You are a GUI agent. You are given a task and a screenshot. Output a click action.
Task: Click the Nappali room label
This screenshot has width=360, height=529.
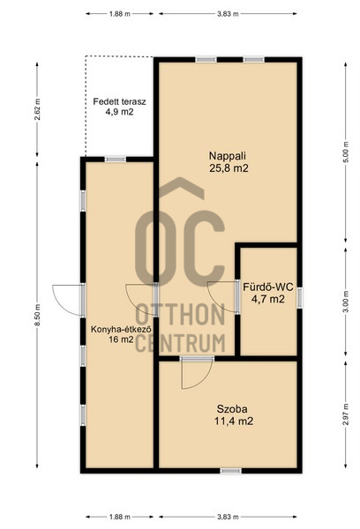point(228,156)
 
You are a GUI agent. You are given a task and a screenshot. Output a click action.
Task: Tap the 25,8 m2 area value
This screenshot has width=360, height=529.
point(229,168)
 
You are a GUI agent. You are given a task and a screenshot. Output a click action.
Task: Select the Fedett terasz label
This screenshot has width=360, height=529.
point(119,101)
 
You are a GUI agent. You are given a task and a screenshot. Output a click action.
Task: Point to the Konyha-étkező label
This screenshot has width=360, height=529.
point(121,329)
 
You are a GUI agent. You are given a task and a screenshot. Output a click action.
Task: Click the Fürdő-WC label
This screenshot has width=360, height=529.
point(268,287)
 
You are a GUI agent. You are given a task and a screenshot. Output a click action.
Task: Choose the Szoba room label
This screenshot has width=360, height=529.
point(232,409)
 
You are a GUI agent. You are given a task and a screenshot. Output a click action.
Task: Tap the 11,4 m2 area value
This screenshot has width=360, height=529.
point(234,421)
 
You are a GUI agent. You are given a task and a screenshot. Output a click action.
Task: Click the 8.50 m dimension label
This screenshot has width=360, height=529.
point(38,315)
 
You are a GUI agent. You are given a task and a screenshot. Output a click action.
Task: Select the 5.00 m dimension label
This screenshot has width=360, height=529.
point(345,153)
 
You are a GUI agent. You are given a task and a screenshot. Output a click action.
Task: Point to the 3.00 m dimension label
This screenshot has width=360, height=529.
point(345,302)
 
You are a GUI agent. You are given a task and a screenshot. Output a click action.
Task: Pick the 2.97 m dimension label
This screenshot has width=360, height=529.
point(345,414)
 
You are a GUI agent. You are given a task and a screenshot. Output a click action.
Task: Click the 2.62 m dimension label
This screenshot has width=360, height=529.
point(38,109)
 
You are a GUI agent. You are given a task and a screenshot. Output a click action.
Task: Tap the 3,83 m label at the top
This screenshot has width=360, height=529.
point(227,14)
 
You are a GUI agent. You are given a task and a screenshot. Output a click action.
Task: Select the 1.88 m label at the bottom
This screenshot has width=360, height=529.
point(120,517)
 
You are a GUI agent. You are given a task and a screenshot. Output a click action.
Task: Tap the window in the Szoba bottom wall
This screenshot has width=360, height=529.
point(231,471)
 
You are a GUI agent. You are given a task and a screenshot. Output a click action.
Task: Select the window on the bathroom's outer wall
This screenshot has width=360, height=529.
point(299,297)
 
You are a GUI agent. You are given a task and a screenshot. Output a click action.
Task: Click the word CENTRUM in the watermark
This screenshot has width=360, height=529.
point(180,343)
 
